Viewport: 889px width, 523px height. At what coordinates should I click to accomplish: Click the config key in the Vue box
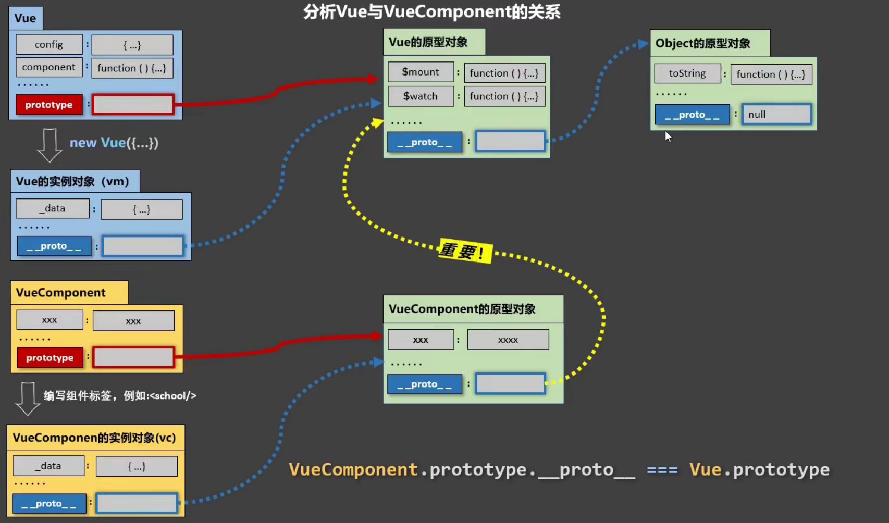[x=49, y=45]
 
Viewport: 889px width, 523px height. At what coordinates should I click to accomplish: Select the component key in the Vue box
[x=49, y=67]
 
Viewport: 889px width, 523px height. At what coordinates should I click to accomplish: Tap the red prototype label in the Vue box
[x=49, y=105]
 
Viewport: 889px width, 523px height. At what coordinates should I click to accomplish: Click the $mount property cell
[x=421, y=72]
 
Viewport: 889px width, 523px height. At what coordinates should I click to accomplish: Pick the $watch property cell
[x=421, y=96]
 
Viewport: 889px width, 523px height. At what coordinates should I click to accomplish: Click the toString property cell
[x=687, y=73]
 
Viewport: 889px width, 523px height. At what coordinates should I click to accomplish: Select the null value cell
[x=776, y=115]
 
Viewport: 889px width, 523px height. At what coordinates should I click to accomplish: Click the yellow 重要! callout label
[x=464, y=252]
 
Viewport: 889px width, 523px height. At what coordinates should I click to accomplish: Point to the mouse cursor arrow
[x=668, y=136]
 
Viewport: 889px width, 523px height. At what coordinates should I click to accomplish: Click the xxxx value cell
[x=508, y=340]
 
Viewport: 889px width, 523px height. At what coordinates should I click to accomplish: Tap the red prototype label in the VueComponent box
[x=50, y=358]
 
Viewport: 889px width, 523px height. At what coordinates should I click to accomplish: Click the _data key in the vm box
[x=53, y=208]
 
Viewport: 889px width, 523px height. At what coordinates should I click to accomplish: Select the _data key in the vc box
[x=48, y=466]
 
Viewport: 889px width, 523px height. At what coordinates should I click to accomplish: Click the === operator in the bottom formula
[x=662, y=470]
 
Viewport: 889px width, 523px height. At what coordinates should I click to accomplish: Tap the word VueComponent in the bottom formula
[x=353, y=470]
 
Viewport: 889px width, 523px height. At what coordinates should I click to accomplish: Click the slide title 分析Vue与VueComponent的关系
[x=431, y=11]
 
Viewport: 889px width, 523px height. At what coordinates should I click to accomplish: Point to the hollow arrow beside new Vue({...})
[x=50, y=145]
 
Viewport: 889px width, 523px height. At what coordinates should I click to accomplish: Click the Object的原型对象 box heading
[x=703, y=43]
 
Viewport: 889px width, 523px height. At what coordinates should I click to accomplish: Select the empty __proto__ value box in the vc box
[x=137, y=503]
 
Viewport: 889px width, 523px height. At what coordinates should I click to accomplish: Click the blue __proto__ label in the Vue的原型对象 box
[x=425, y=142]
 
